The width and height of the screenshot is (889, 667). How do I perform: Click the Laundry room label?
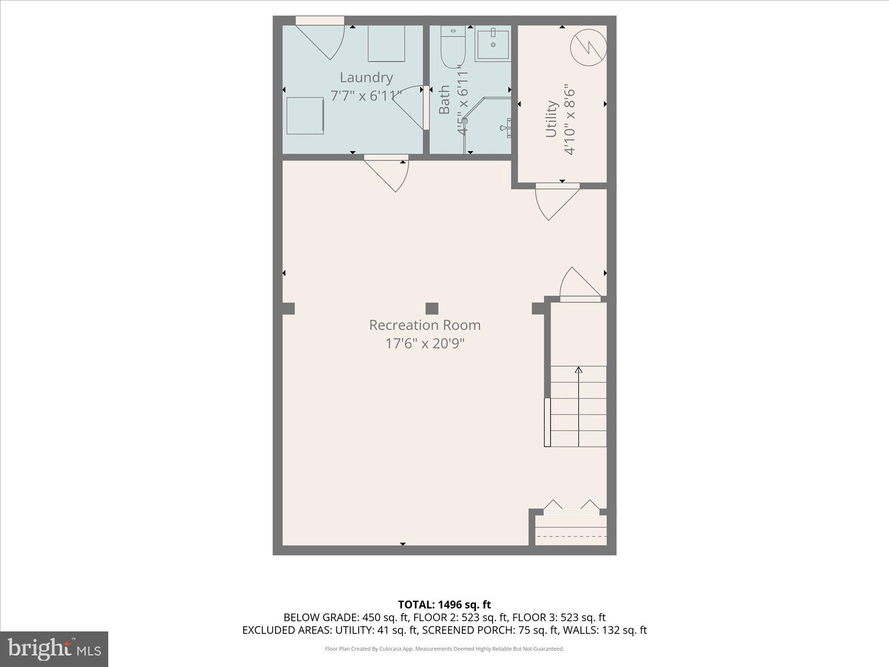pyautogui.click(x=366, y=77)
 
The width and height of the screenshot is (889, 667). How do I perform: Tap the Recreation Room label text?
pyautogui.click(x=425, y=325)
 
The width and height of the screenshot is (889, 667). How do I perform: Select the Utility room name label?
pyautogui.click(x=551, y=119)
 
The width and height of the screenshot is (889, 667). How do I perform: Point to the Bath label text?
pyautogui.click(x=444, y=100)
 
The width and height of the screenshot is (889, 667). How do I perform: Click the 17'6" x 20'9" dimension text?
pyautogui.click(x=425, y=344)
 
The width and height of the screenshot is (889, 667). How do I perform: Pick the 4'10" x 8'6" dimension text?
pyautogui.click(x=569, y=120)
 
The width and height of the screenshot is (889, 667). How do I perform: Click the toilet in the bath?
pyautogui.click(x=452, y=48)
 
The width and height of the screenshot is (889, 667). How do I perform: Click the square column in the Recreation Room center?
pyautogui.click(x=431, y=308)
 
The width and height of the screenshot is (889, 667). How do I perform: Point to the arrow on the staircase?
pyautogui.click(x=578, y=370)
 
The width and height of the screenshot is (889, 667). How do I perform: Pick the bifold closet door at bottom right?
pyautogui.click(x=571, y=507)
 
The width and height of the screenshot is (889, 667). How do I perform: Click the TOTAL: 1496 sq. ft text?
pyautogui.click(x=444, y=605)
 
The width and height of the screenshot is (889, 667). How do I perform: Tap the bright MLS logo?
pyautogui.click(x=54, y=649)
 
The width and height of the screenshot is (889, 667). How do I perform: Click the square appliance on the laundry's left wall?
pyautogui.click(x=305, y=115)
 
